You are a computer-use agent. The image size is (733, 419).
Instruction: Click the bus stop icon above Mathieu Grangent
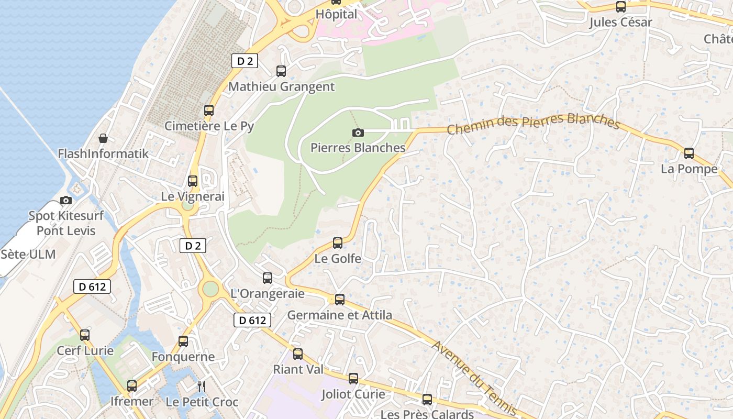tap(281, 71)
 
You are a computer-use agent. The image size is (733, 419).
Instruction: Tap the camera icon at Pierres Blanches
tap(358, 133)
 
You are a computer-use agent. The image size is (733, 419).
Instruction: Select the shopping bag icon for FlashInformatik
tap(103, 139)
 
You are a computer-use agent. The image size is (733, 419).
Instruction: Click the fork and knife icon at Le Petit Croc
tap(202, 387)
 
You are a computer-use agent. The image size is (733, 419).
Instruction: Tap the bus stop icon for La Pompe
tap(689, 153)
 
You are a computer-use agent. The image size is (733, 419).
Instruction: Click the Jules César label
tap(620, 23)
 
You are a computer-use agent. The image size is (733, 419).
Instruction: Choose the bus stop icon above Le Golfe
tap(338, 243)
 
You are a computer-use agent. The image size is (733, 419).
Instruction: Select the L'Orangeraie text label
tap(268, 293)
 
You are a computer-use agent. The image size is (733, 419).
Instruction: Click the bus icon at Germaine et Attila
tap(340, 300)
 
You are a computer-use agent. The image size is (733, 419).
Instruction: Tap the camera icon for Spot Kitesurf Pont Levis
tap(66, 200)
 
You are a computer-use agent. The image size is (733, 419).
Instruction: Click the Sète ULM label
tap(28, 255)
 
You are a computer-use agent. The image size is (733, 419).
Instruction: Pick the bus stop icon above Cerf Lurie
tap(85, 335)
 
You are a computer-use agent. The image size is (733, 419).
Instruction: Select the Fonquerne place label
tap(183, 357)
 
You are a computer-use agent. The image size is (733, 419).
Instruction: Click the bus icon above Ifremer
tap(132, 386)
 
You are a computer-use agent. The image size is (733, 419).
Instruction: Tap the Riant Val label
tap(298, 369)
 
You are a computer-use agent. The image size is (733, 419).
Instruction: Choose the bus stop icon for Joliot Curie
tap(353, 379)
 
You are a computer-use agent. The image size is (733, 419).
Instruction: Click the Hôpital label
tap(336, 14)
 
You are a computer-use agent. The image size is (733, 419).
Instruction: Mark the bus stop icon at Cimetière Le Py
tap(209, 111)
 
